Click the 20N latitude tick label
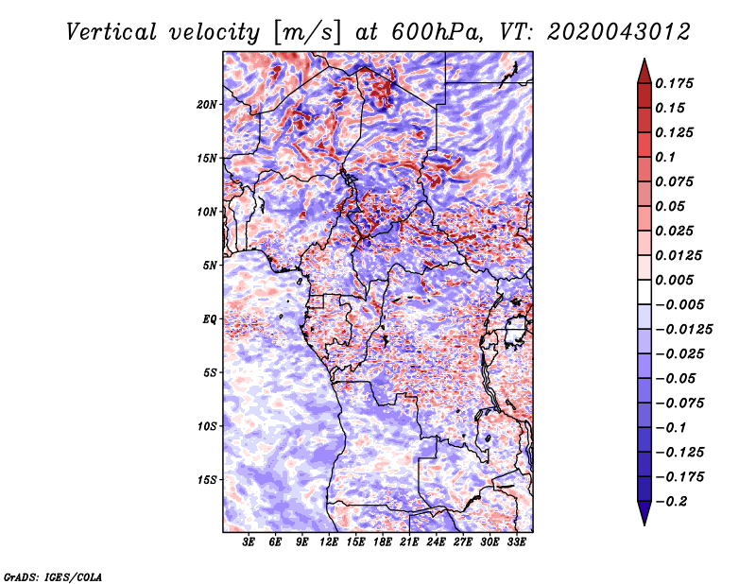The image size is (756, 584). click(207, 105)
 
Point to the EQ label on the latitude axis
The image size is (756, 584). click(209, 319)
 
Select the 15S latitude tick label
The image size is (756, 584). click(207, 480)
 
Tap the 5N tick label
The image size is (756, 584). click(210, 266)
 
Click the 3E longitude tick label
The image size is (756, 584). click(249, 542)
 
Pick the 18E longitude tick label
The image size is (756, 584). click(383, 542)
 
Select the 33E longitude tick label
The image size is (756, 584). click(516, 542)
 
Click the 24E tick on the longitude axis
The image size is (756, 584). click(436, 542)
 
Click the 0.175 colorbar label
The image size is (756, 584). click(674, 83)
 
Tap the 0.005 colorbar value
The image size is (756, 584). click(674, 280)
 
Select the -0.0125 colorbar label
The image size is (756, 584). click(683, 330)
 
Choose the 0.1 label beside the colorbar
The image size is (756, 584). click(665, 157)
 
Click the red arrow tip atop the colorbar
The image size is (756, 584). click(644, 59)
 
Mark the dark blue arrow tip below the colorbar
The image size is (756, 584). click(644, 524)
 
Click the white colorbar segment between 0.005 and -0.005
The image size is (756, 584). click(644, 292)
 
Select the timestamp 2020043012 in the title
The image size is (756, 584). click(619, 32)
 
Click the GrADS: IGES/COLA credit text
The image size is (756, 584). click(53, 576)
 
